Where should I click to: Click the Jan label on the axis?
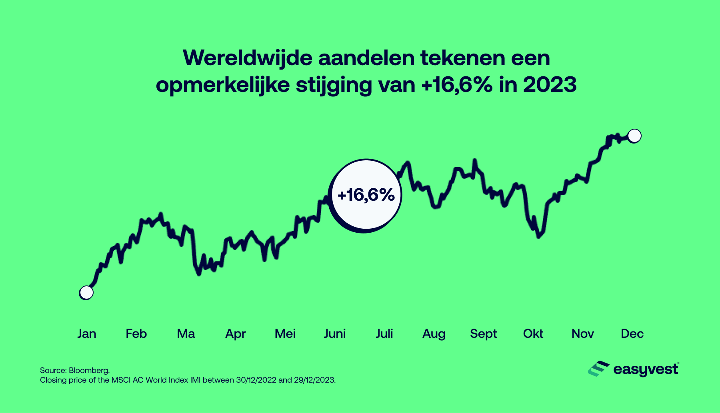click(87, 333)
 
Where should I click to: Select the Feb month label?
click(136, 333)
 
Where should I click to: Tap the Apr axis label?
click(235, 333)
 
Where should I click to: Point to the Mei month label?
click(285, 333)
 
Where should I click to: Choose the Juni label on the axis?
click(334, 333)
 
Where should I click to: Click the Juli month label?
click(384, 333)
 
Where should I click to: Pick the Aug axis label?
click(434, 333)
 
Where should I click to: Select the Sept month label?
click(483, 333)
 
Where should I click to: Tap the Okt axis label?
click(533, 333)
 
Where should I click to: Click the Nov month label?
click(582, 333)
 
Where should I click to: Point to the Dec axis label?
click(632, 333)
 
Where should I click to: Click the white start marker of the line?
click(86, 293)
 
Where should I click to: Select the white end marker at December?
click(634, 136)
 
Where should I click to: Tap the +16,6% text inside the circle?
click(366, 195)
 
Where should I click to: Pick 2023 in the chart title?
click(550, 85)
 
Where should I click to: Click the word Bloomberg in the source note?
click(89, 370)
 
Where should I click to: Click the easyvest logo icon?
click(598, 369)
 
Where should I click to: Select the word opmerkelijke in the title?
click(222, 85)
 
